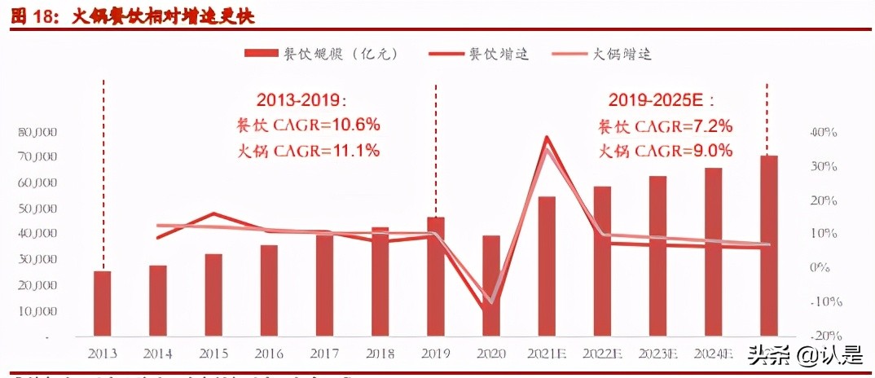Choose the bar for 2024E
pyautogui.click(x=713, y=252)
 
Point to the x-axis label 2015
pyautogui.click(x=213, y=354)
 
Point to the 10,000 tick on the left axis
pyautogui.click(x=36, y=310)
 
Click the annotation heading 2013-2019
pyautogui.click(x=301, y=101)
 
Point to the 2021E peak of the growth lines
pyautogui.click(x=547, y=138)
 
